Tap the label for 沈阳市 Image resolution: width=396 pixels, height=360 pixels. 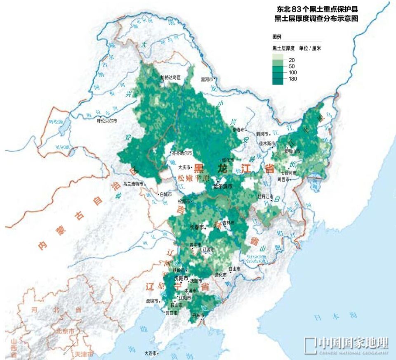181,278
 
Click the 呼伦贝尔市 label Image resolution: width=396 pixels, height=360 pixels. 107,121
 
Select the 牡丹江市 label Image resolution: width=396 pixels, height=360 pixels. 265,196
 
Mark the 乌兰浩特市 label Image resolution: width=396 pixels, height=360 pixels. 133,184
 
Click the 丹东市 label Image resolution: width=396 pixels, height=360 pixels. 198,315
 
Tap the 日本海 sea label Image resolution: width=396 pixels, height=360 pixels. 329,317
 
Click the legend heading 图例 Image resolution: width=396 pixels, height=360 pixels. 277,37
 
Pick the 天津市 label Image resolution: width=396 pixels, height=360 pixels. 84,354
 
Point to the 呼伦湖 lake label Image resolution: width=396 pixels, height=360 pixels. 54,122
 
